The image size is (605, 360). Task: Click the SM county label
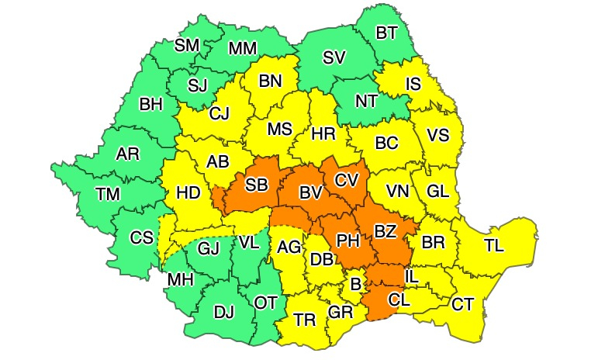pyautogui.click(x=187, y=45)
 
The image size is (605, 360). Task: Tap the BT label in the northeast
pyautogui.click(x=386, y=34)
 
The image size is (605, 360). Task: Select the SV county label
pyautogui.click(x=334, y=57)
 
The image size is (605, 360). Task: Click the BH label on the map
pyautogui.click(x=151, y=104)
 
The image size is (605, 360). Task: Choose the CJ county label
pyautogui.click(x=220, y=115)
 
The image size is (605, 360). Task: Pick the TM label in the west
pyautogui.click(x=108, y=194)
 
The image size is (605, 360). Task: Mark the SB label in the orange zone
pyautogui.click(x=257, y=185)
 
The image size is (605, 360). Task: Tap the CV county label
pyautogui.click(x=346, y=180)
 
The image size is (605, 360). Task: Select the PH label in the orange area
pyautogui.click(x=348, y=241)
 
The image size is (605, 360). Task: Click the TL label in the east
pyautogui.click(x=494, y=245)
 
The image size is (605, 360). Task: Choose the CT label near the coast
pyautogui.click(x=462, y=303)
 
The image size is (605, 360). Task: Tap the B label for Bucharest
pyautogui.click(x=355, y=285)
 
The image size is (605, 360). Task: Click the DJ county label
pyautogui.click(x=223, y=313)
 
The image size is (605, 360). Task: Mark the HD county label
pyautogui.click(x=188, y=192)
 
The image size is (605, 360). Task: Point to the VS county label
pyautogui.click(x=438, y=135)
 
